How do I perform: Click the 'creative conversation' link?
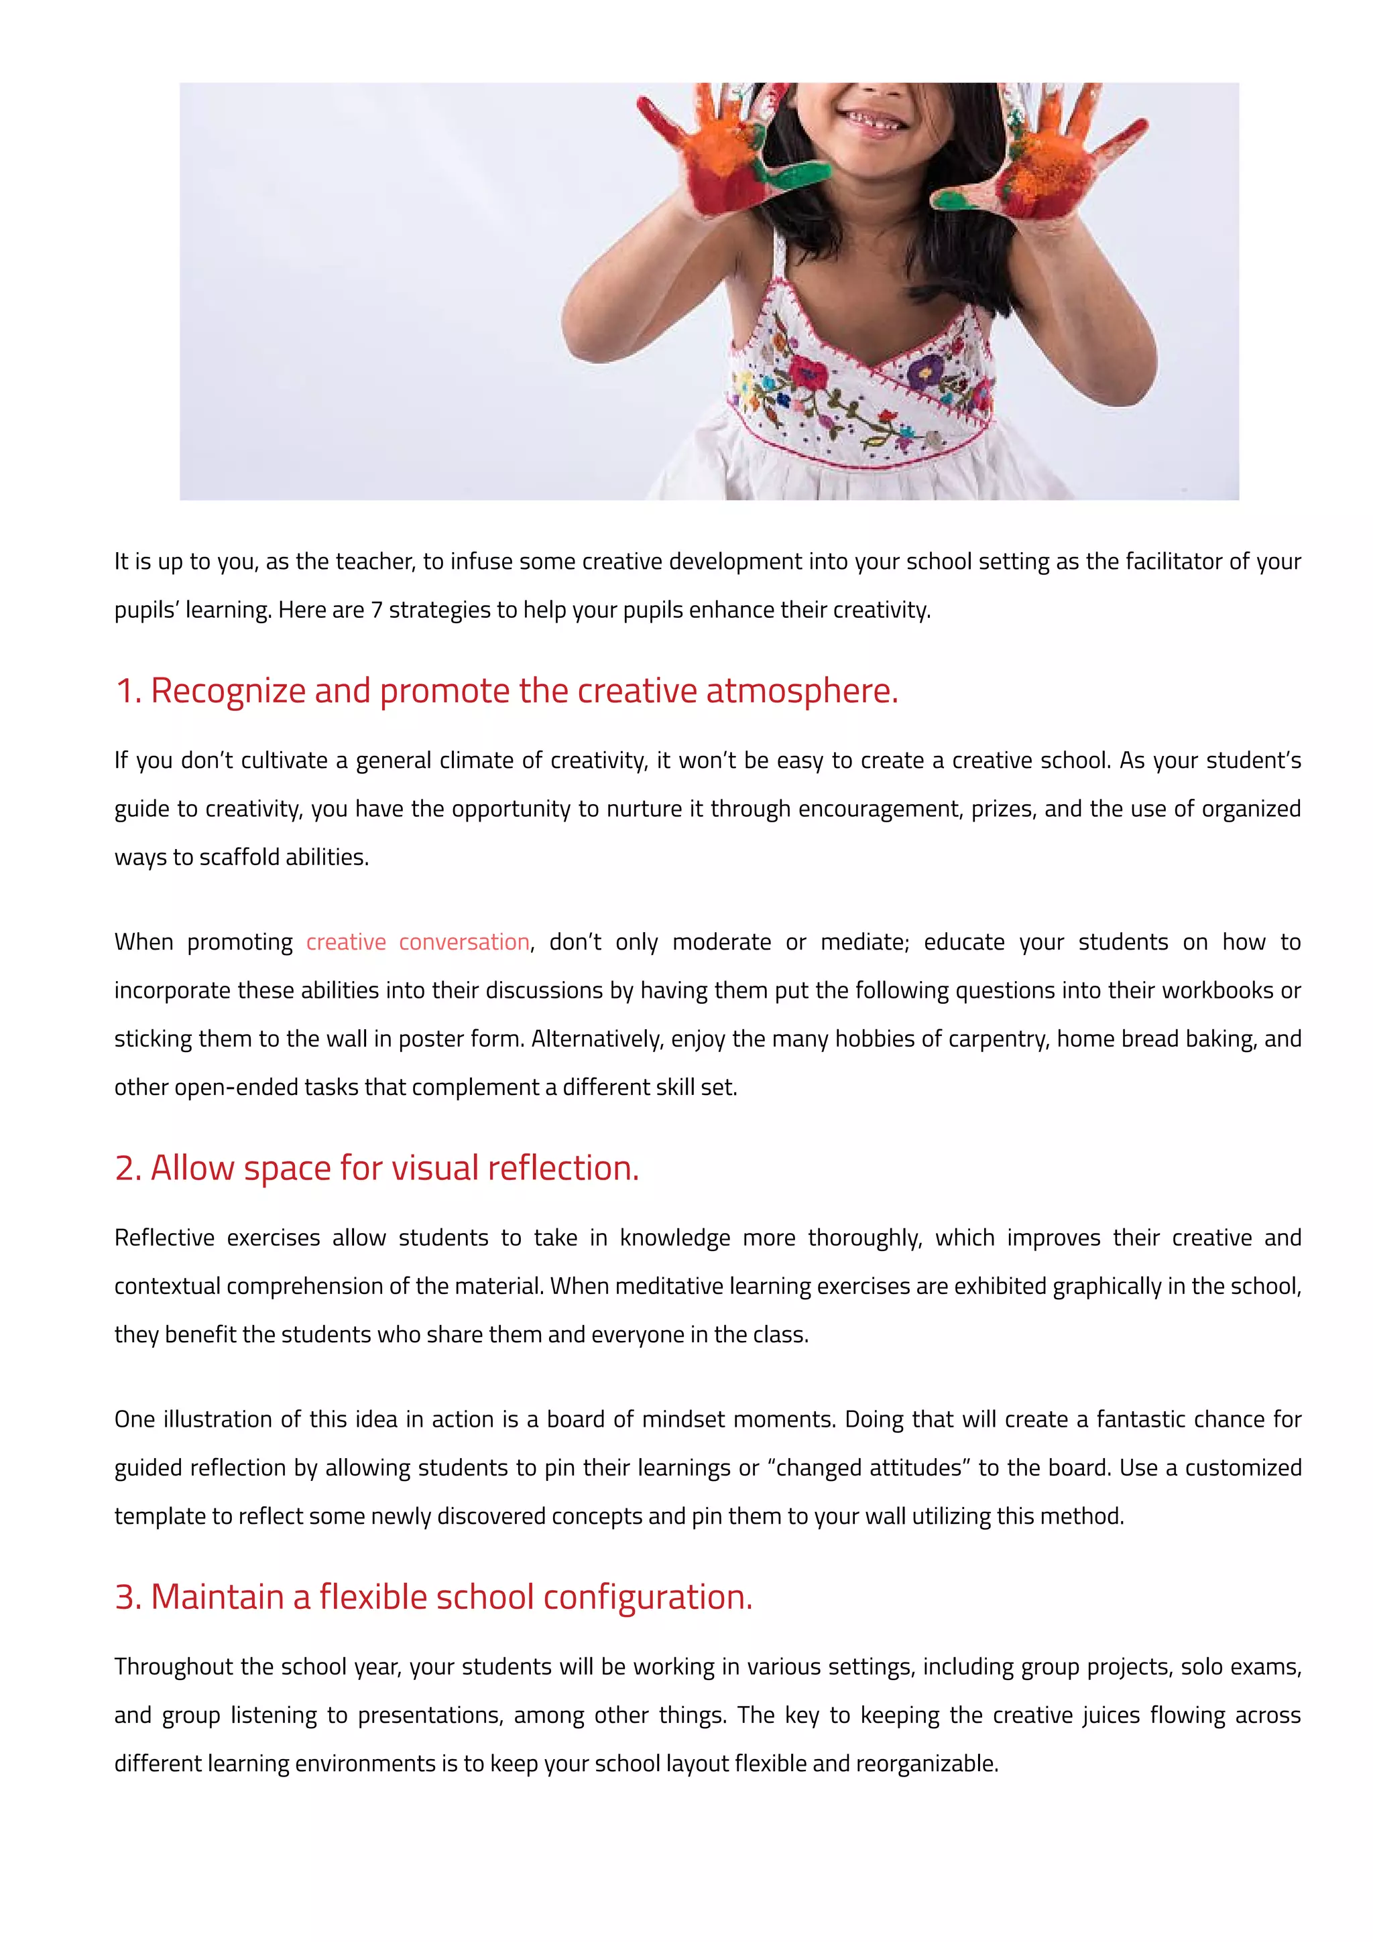(418, 942)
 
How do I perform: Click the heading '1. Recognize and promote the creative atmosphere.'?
(507, 691)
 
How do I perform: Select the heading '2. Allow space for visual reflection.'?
(377, 1168)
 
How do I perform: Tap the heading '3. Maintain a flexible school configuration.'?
(433, 1597)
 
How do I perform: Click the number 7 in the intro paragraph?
(377, 610)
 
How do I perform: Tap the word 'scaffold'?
(239, 858)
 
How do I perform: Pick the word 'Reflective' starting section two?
(164, 1238)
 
